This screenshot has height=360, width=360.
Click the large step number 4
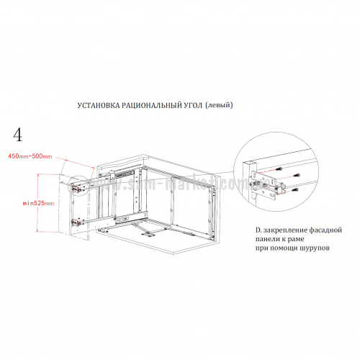pyautogui.click(x=18, y=135)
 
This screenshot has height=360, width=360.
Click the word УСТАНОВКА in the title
pyautogui.click(x=99, y=106)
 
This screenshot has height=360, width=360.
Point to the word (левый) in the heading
pyautogui.click(x=219, y=105)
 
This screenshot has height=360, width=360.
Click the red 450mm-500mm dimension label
pyautogui.click(x=30, y=156)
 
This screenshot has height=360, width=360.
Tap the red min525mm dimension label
pyautogui.click(x=38, y=203)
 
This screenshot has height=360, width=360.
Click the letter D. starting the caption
pyautogui.click(x=258, y=230)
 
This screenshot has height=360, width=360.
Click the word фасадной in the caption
pyautogui.click(x=325, y=230)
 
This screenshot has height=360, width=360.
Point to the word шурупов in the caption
pyautogui.click(x=315, y=248)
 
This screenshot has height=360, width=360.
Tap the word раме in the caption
pyautogui.click(x=296, y=240)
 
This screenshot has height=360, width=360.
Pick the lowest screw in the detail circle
pyautogui.click(x=295, y=190)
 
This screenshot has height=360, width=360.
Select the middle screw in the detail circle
pyautogui.click(x=297, y=175)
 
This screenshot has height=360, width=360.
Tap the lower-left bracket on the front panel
pyautogui.click(x=77, y=222)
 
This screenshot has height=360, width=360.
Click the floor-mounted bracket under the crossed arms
pyautogui.click(x=147, y=235)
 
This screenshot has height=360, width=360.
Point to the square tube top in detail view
pyautogui.click(x=250, y=163)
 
